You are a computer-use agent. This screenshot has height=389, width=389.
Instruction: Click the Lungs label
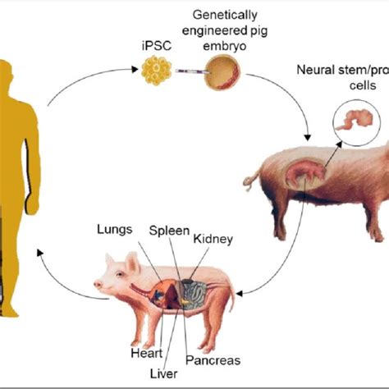click(x=113, y=231)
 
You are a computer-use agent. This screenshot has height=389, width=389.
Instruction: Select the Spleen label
click(x=168, y=231)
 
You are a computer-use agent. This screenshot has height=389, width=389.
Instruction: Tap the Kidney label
click(x=213, y=240)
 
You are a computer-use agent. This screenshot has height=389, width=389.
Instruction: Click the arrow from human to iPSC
click(x=82, y=82)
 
